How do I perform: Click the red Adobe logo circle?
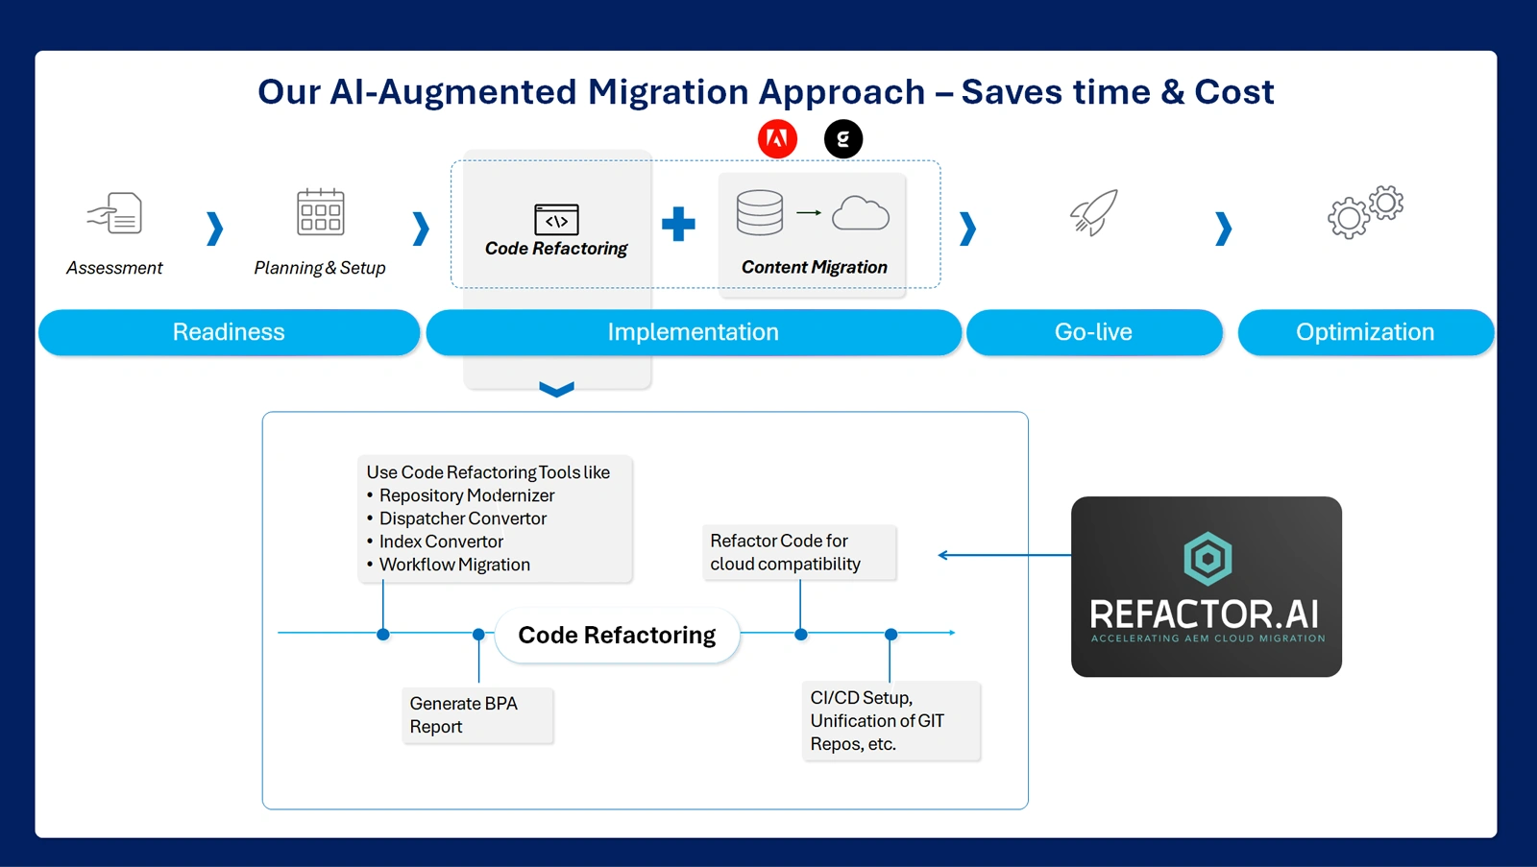(777, 139)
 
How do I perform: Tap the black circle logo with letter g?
(843, 139)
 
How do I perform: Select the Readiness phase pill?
(229, 332)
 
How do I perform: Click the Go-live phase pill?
(1093, 332)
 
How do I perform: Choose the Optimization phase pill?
(1365, 332)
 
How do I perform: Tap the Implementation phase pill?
(693, 332)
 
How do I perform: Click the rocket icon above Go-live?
(1094, 212)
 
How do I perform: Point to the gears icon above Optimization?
(1365, 212)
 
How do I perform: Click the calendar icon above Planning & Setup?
(320, 212)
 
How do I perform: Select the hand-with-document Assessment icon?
(115, 213)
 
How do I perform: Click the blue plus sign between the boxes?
(678, 224)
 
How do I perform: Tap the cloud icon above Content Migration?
(860, 213)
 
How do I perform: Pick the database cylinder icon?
(760, 212)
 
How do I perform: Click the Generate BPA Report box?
(477, 715)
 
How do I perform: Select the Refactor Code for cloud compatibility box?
(799, 552)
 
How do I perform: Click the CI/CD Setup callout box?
(890, 721)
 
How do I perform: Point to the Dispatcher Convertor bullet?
(462, 518)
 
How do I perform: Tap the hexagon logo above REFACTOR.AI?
(1207, 558)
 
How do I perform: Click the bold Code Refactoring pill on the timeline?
(617, 635)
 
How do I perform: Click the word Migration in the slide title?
(669, 92)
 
